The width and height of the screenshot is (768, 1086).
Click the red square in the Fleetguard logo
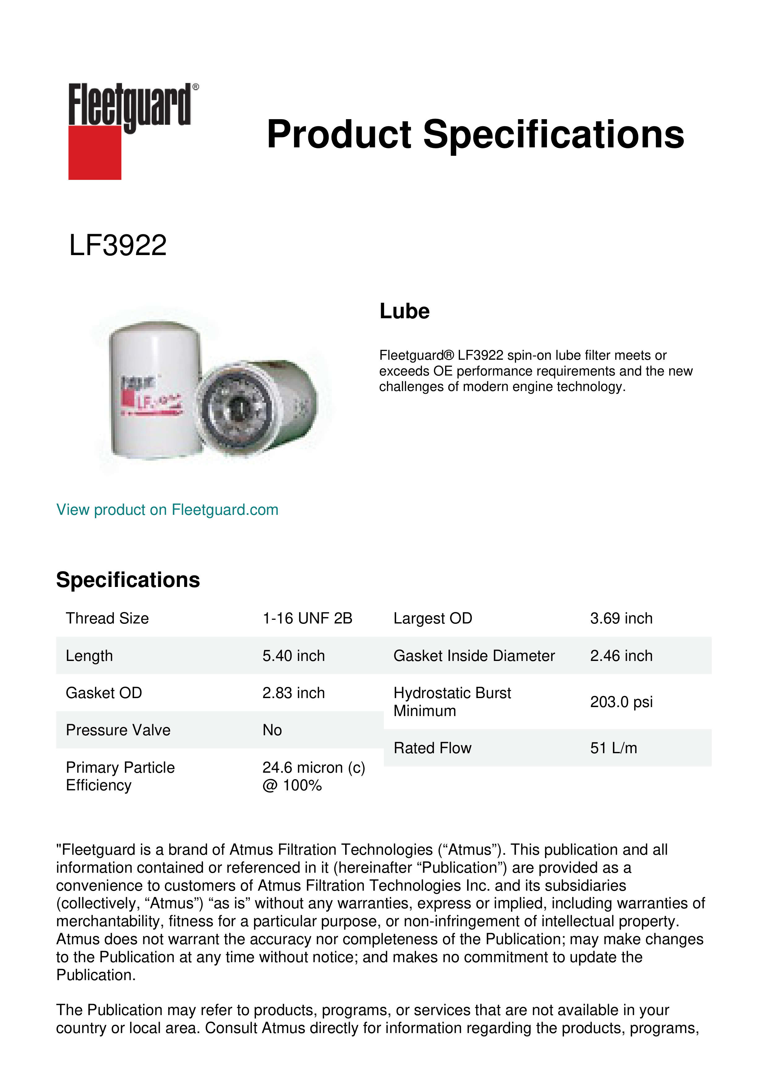pos(95,152)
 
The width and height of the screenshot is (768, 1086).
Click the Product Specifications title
pos(475,134)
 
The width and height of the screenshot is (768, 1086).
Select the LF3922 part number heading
pos(118,245)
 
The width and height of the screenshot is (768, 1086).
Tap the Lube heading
pos(404,311)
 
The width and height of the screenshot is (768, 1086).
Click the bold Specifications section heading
pos(128,580)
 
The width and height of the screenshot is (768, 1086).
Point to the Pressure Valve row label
pos(118,730)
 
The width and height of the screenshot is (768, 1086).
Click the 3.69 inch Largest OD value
pos(621,618)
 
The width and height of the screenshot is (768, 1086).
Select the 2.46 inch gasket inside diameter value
pos(621,656)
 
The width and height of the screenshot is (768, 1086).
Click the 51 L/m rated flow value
pos(613,748)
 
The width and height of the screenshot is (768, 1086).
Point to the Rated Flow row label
pos(432,748)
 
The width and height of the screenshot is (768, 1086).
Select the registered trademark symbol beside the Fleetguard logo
pos(196,87)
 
